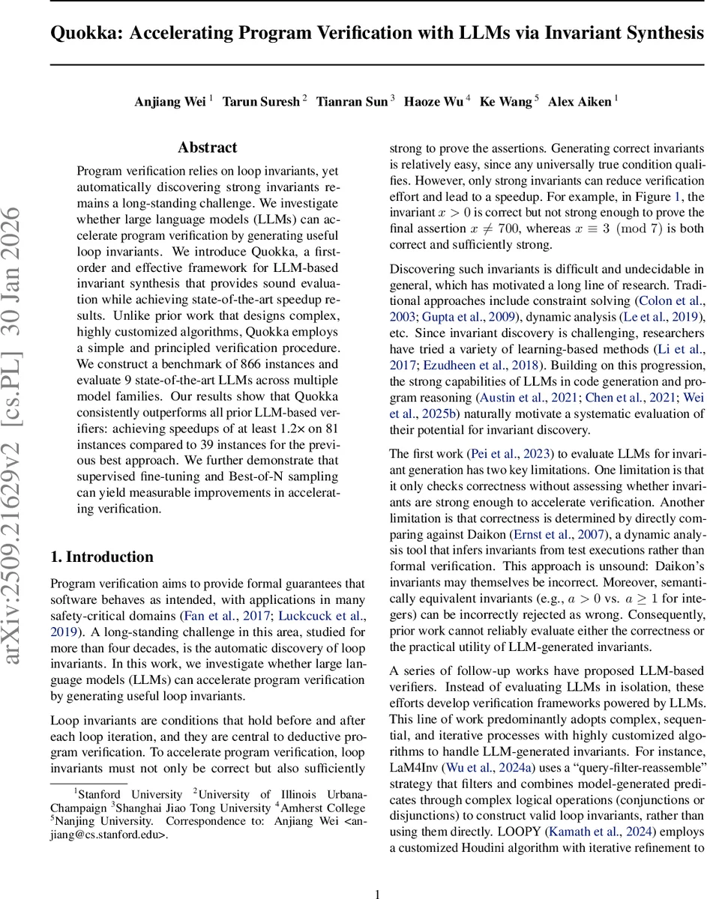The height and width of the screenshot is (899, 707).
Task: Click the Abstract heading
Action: pyautogui.click(x=208, y=148)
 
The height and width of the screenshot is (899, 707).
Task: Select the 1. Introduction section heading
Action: pyautogui.click(x=101, y=557)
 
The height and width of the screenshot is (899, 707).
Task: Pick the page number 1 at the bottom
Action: pyautogui.click(x=378, y=873)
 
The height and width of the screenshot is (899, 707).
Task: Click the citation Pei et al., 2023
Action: pyautogui.click(x=511, y=454)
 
